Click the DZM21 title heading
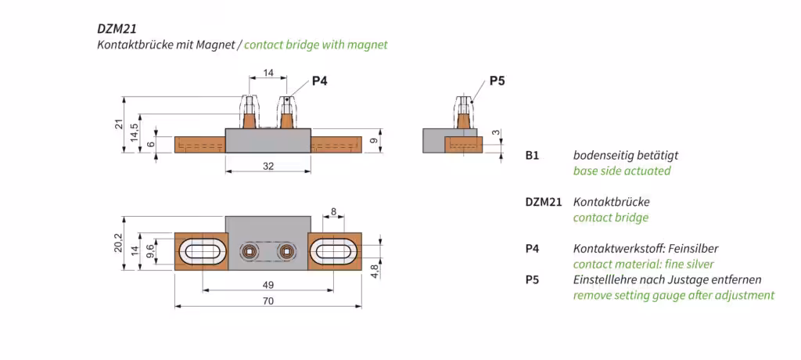click(117, 29)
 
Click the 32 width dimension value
click(268, 166)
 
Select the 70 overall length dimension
click(268, 301)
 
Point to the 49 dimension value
click(268, 285)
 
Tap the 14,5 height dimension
click(133, 133)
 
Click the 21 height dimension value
click(119, 124)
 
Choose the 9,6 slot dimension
click(150, 250)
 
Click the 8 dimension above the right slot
click(333, 211)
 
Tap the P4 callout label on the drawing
click(319, 81)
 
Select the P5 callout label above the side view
click(497, 81)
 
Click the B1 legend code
click(532, 155)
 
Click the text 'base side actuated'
click(622, 171)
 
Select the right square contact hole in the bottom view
click(286, 250)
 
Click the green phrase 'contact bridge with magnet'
click(316, 45)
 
